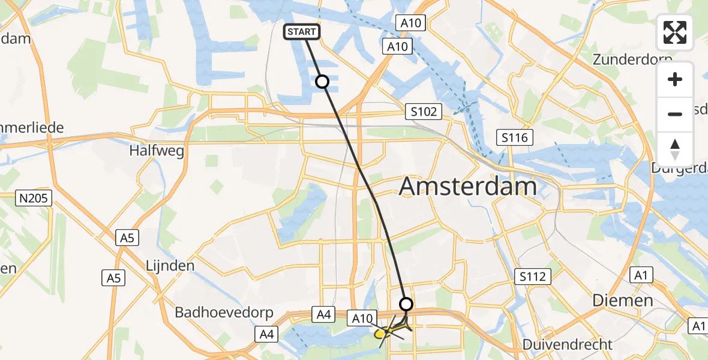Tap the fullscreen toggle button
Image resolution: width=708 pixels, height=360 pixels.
point(675,32)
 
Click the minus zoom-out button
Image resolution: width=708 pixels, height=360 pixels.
point(675,114)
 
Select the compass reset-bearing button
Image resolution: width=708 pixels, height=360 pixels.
point(675,149)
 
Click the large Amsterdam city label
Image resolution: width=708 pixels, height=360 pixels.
point(467,187)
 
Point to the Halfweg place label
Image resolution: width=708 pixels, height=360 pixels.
point(156,150)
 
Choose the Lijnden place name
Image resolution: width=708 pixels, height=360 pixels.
point(170,265)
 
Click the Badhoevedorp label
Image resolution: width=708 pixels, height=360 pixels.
point(224,313)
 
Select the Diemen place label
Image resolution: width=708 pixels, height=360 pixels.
point(622,300)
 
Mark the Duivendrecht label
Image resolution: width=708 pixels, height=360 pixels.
point(567,344)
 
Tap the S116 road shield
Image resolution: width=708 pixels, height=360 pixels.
point(515,138)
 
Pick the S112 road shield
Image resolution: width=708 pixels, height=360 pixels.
point(532,277)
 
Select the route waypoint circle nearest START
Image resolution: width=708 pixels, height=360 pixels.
point(322,82)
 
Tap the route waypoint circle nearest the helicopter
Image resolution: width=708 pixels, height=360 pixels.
point(406,304)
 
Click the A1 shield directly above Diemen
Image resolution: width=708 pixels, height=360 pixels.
point(641,275)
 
